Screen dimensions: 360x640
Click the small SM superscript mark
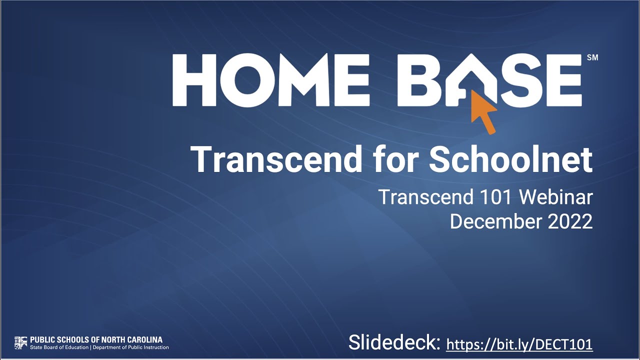(592, 58)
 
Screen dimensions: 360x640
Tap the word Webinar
(555, 197)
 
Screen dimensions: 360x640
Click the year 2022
(570, 221)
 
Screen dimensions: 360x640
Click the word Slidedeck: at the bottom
(394, 343)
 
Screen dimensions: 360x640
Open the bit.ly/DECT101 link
(519, 344)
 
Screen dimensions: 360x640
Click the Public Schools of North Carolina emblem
(20, 343)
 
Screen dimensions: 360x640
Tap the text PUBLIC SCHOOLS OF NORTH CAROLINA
(96, 339)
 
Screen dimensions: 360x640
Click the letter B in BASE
(424, 80)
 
